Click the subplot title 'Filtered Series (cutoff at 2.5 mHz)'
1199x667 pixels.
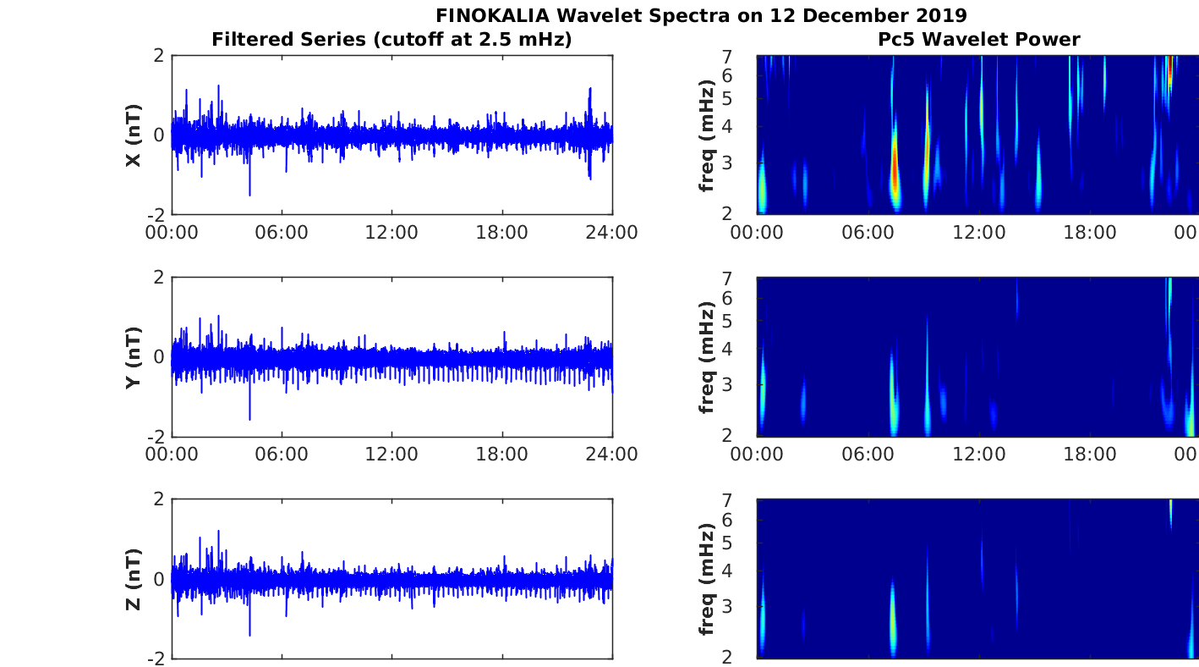pyautogui.click(x=391, y=39)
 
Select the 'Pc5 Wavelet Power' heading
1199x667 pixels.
pyautogui.click(x=978, y=39)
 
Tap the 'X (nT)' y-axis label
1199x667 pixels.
pyautogui.click(x=133, y=135)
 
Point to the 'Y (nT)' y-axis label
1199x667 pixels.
pyautogui.click(x=133, y=358)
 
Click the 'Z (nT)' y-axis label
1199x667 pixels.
pyautogui.click(x=133, y=580)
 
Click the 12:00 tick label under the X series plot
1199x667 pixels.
pyautogui.click(x=391, y=233)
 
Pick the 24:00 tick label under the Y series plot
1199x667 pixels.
pyautogui.click(x=611, y=455)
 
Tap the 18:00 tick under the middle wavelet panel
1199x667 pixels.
pyautogui.click(x=1089, y=455)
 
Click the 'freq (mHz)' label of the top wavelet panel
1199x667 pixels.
pyautogui.click(x=708, y=135)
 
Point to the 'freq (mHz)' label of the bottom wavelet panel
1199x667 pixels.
pyautogui.click(x=708, y=580)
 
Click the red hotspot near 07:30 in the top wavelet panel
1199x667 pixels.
pyautogui.click(x=895, y=169)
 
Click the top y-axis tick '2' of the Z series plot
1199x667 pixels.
pyautogui.click(x=158, y=499)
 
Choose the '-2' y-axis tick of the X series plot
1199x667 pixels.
pyautogui.click(x=155, y=214)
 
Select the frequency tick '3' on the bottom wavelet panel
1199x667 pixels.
pyautogui.click(x=748, y=606)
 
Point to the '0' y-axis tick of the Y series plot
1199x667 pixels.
pyautogui.click(x=158, y=357)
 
